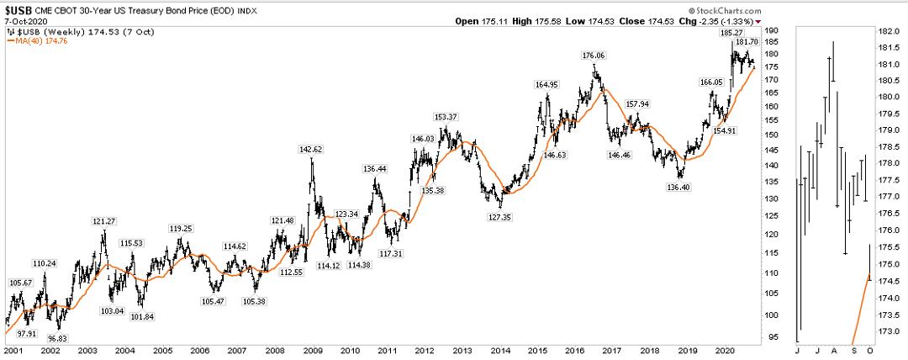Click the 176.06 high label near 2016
click(594, 56)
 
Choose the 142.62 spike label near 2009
click(311, 149)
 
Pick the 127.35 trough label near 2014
click(501, 216)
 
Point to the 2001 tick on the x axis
click(13, 349)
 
